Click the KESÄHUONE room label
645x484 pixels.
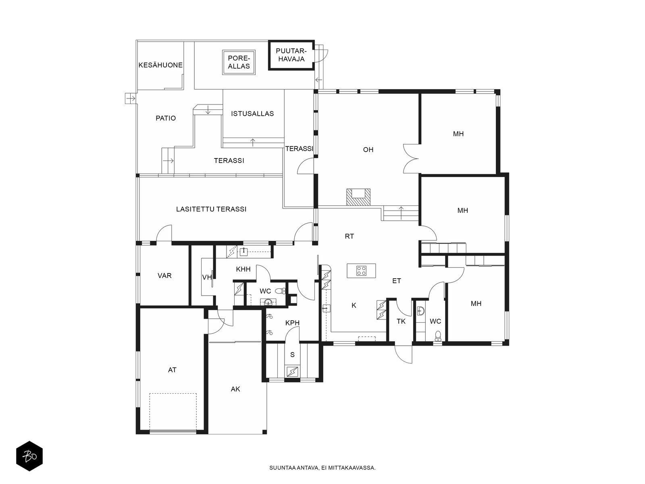160,65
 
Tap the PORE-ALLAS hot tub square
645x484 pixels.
239,62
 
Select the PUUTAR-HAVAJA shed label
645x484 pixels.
291,55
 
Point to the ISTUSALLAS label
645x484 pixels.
252,113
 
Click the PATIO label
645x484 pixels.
166,118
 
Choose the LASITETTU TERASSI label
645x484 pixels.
211,209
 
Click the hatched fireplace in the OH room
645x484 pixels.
358,197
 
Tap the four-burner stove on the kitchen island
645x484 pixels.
361,271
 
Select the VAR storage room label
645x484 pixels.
164,275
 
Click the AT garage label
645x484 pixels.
172,370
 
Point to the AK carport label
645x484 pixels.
235,389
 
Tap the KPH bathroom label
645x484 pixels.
292,323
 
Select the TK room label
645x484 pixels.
401,321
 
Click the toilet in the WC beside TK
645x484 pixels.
438,336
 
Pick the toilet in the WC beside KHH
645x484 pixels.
280,291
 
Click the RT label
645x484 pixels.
350,236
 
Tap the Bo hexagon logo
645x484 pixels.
29,456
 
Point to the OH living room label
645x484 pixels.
368,150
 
